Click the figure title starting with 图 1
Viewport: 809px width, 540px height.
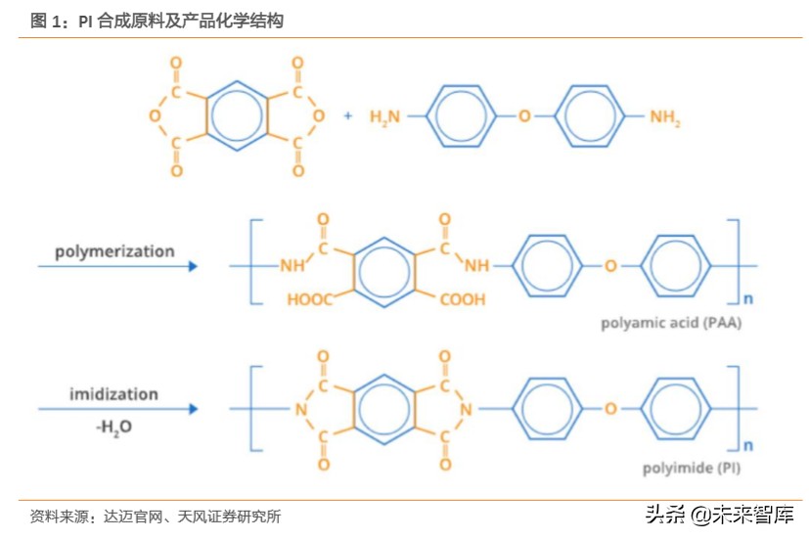157,20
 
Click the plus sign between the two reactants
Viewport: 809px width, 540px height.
347,115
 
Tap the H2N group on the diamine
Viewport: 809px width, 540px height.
385,117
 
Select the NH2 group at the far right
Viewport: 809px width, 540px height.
666,117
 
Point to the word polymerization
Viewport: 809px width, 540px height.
114,251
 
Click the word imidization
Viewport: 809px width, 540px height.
113,394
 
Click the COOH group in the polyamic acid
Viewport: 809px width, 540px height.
462,299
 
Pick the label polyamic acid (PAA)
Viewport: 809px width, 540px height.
671,323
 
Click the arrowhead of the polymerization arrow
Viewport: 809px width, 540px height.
193,266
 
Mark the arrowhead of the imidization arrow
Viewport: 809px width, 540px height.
193,409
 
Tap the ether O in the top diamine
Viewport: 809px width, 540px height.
524,116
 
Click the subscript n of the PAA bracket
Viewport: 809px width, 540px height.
749,296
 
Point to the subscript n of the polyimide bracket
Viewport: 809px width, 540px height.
749,440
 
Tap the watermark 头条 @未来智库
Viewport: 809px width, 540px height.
718,515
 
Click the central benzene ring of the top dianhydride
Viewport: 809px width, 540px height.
236,116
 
